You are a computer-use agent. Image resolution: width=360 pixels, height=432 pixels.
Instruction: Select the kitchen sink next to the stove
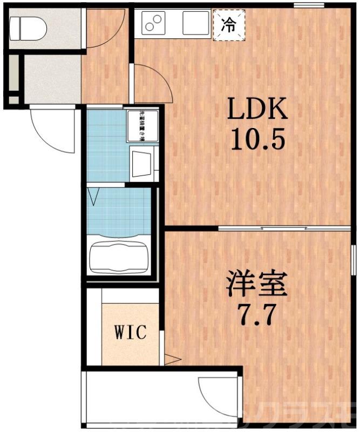pos(195,23)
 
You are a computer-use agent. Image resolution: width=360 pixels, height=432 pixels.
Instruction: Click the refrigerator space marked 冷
pos(229,25)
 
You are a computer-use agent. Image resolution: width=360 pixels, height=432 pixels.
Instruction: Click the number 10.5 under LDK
pos(257,141)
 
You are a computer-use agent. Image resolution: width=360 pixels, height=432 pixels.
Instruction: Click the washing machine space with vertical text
pos(143,126)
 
